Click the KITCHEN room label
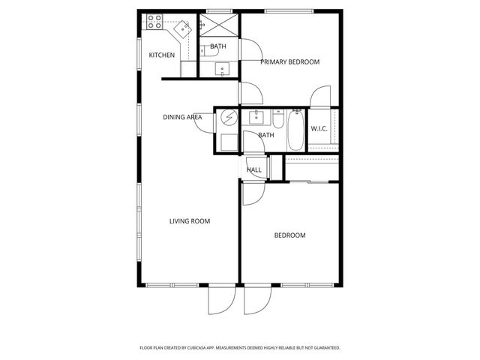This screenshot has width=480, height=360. [x=161, y=55]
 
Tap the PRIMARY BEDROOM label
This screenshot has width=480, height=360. [x=289, y=61]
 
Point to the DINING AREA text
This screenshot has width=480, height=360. [x=182, y=117]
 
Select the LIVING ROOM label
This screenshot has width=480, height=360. [x=189, y=221]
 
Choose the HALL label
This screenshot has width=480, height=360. [x=254, y=170]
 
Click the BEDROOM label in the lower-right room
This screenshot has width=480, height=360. [x=289, y=235]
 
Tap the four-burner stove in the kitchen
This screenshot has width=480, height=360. [x=154, y=22]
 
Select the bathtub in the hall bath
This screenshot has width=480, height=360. [x=295, y=129]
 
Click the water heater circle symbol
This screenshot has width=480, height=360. [x=228, y=118]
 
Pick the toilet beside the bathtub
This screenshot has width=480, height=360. [x=277, y=120]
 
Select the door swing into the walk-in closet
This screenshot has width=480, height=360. [x=321, y=97]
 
